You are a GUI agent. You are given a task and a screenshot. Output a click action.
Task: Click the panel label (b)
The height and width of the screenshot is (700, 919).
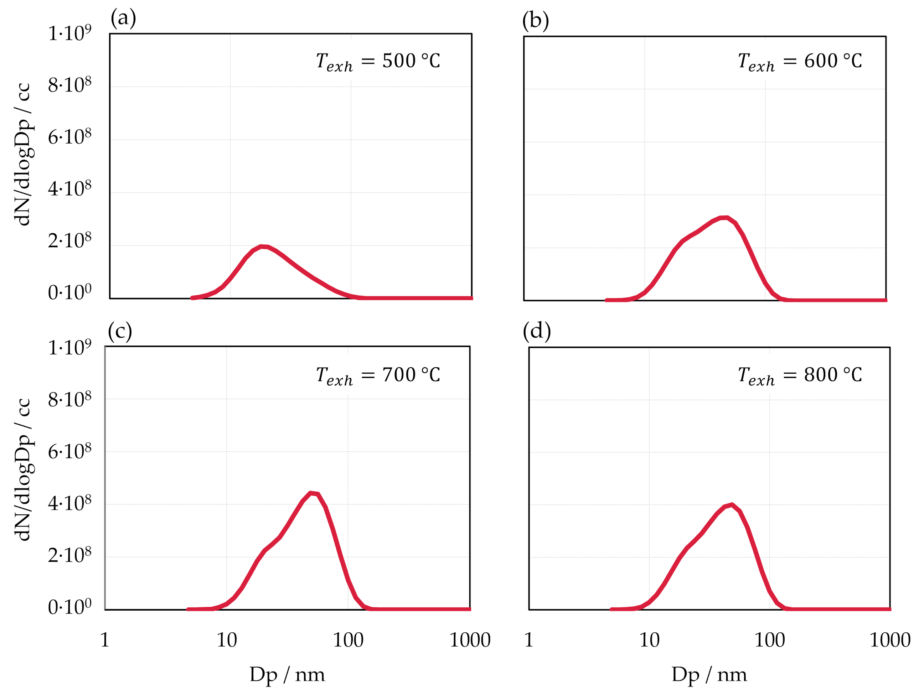tap(535, 21)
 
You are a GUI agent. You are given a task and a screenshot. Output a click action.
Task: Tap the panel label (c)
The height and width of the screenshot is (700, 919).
tap(120, 331)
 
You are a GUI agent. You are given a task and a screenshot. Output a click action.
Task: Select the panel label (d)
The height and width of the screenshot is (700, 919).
tap(537, 331)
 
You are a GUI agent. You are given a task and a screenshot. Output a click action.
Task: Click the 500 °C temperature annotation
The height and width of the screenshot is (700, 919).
tap(378, 62)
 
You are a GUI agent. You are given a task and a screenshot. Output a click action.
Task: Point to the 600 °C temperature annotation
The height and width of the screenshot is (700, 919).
tap(799, 62)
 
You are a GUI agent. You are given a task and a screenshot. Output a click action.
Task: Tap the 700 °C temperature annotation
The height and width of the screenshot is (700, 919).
tap(378, 375)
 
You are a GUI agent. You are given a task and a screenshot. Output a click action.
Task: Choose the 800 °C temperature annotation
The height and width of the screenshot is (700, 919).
tap(799, 375)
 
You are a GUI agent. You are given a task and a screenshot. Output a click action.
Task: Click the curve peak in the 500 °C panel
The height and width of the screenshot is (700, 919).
tap(263, 247)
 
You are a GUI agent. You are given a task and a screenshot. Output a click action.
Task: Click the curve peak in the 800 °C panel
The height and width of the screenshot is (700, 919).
tap(732, 505)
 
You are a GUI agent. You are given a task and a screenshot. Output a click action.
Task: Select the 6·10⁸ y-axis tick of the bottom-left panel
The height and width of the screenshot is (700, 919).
tap(69, 452)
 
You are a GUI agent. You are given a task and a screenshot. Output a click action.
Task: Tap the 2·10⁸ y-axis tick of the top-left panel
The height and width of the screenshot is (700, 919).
tap(69, 241)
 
